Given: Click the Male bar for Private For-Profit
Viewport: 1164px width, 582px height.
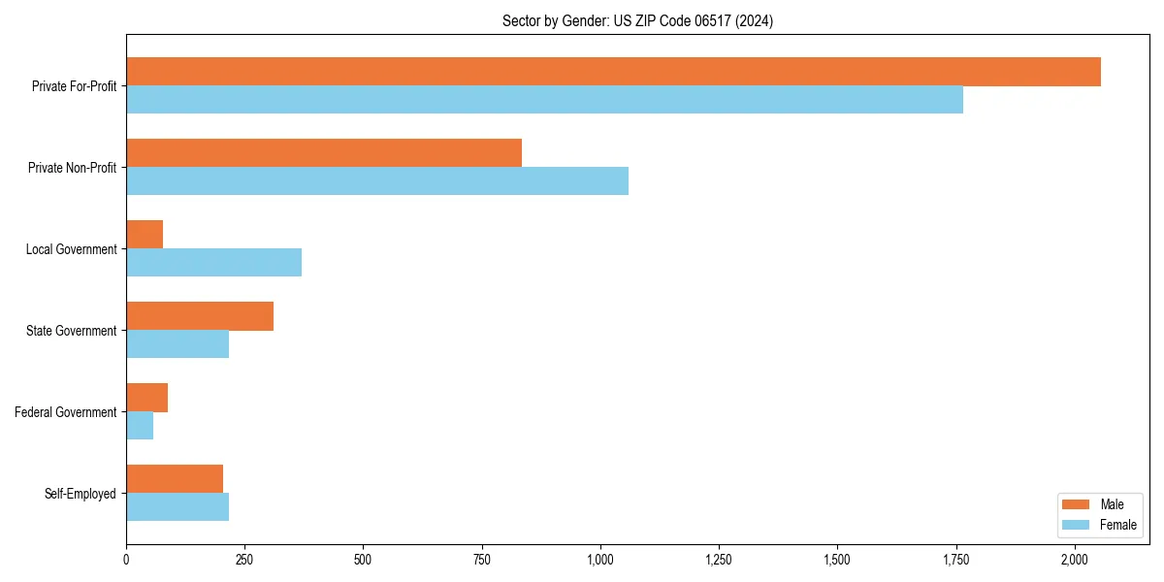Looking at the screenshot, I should (613, 72).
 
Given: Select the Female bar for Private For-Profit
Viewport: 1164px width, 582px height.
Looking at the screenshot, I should (544, 100).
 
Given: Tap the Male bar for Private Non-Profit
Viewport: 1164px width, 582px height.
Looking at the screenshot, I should (324, 153).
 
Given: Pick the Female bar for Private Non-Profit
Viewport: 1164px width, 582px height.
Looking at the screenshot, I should (377, 181).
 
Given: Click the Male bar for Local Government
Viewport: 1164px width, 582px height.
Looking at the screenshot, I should (145, 235).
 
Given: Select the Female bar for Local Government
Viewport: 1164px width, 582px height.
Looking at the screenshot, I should (213, 263).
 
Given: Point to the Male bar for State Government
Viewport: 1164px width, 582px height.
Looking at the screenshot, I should (200, 316).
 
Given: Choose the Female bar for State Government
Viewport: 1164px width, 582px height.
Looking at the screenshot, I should (178, 344).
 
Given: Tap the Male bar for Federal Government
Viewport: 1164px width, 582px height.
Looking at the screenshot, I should (146, 398).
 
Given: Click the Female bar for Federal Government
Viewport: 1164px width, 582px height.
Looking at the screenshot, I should (140, 426).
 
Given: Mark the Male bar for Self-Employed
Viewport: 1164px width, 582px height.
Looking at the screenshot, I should (175, 479).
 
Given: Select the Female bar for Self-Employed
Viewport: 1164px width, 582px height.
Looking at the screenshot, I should (178, 507).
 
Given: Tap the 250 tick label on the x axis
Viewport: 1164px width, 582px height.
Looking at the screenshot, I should (244, 560).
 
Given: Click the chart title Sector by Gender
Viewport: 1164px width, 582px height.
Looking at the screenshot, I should (637, 20).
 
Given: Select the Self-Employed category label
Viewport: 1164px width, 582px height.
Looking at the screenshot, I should (81, 494).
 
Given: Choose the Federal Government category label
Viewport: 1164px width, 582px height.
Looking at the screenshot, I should (66, 412).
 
